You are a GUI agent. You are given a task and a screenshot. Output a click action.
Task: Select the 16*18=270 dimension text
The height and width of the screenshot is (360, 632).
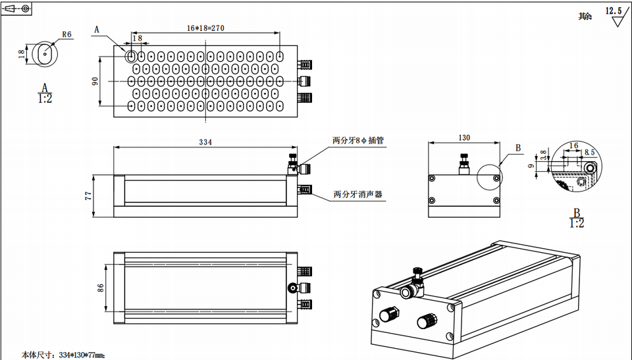pyautogui.click(x=206, y=28)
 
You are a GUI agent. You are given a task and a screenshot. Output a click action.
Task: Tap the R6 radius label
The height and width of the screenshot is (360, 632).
pyautogui.click(x=66, y=35)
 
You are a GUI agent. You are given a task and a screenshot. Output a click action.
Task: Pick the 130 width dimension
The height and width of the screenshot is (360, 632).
pyautogui.click(x=464, y=138)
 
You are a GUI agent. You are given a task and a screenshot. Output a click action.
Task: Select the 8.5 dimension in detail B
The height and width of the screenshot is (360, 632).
pyautogui.click(x=590, y=152)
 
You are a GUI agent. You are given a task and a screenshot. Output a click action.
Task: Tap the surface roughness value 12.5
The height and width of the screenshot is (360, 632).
pyautogui.click(x=614, y=11)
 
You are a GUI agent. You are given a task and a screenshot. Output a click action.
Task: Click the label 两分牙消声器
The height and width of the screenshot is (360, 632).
pyautogui.click(x=357, y=195)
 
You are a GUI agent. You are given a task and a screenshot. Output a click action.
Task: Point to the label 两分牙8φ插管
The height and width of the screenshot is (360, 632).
pyautogui.click(x=357, y=140)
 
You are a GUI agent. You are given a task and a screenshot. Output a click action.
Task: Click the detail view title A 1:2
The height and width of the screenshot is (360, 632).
pyautogui.click(x=45, y=93)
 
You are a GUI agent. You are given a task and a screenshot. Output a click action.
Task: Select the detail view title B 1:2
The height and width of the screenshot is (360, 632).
pyautogui.click(x=576, y=218)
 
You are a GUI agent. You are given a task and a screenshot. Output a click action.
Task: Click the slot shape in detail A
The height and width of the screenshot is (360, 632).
pyautogui.click(x=45, y=53)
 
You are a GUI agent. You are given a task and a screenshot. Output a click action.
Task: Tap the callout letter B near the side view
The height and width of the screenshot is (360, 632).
pyautogui.click(x=518, y=148)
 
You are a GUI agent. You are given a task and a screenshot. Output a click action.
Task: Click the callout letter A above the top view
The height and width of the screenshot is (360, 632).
pyautogui.click(x=97, y=30)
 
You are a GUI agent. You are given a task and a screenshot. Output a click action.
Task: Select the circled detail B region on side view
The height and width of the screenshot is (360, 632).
pyautogui.click(x=488, y=178)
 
